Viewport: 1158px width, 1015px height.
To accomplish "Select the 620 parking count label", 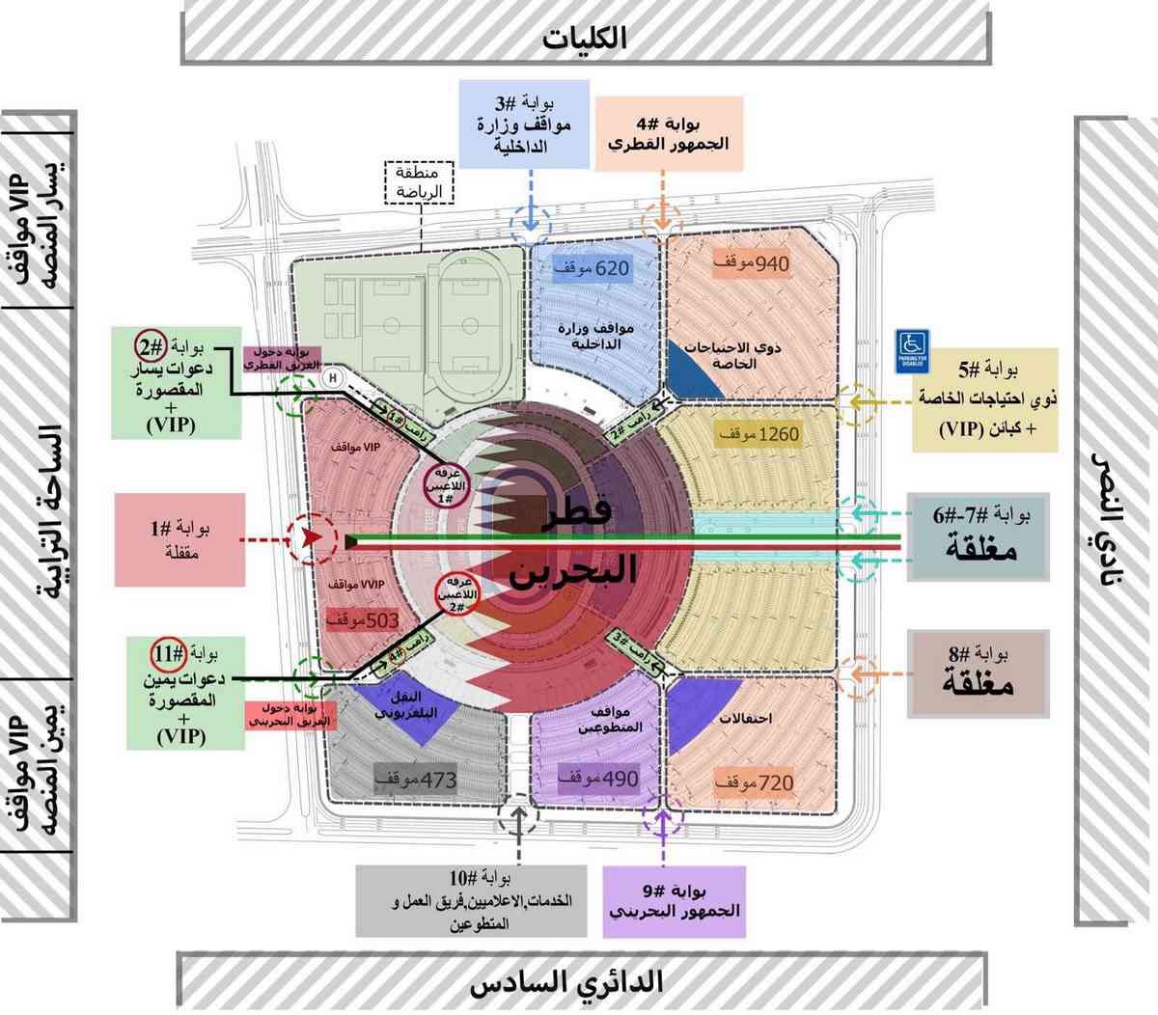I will [591, 268].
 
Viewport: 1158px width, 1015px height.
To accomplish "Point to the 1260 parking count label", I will [758, 434].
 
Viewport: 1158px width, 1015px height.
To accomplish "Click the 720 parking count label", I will [755, 782].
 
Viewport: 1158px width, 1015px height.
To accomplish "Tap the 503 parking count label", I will [363, 620].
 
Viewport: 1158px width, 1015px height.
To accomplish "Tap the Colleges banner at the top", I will [585, 38].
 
